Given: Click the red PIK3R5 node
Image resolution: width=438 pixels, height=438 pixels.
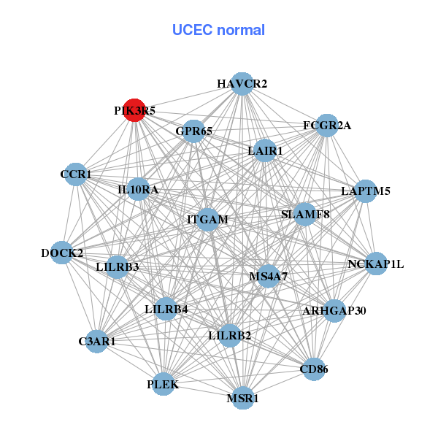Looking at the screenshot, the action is coord(134,110).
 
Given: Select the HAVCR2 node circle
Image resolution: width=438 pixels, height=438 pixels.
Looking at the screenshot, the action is coord(242,84).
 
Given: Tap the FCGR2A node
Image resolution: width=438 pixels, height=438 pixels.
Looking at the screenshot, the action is coord(327,126).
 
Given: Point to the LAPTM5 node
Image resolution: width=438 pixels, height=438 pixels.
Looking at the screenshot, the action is coord(365,191).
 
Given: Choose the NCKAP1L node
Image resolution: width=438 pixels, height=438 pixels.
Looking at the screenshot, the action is coord(375,264).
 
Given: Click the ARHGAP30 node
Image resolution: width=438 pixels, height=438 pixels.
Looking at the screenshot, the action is coord(334,311).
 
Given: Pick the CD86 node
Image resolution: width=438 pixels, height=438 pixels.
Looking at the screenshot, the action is coord(314,369).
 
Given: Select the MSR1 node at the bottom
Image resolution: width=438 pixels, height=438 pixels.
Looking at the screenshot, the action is coord(242,399).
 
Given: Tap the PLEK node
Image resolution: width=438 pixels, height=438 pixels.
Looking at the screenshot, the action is coord(163,384).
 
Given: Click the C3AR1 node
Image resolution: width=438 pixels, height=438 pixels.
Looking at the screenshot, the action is coord(97,341).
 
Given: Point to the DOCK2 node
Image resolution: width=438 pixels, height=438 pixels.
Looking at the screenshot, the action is coord(62,253).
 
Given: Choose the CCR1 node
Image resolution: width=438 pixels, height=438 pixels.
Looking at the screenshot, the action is coord(76,174).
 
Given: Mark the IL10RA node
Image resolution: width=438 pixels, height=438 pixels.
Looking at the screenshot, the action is coord(138,190).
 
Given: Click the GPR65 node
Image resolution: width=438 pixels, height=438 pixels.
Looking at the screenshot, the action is coord(193,131).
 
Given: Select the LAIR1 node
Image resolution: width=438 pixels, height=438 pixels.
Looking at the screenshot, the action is coord(265,151).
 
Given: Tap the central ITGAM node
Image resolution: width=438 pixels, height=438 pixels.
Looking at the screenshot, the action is coord(208,219).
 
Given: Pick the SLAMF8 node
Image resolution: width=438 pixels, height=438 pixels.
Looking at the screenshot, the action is coord(305,215).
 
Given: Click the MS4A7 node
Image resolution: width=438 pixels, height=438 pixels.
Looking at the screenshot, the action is coord(268,276).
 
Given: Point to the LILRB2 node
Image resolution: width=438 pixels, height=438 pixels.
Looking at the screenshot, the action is coord(229,336).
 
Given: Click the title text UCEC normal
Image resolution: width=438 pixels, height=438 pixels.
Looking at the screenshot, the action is coord(218,31).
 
